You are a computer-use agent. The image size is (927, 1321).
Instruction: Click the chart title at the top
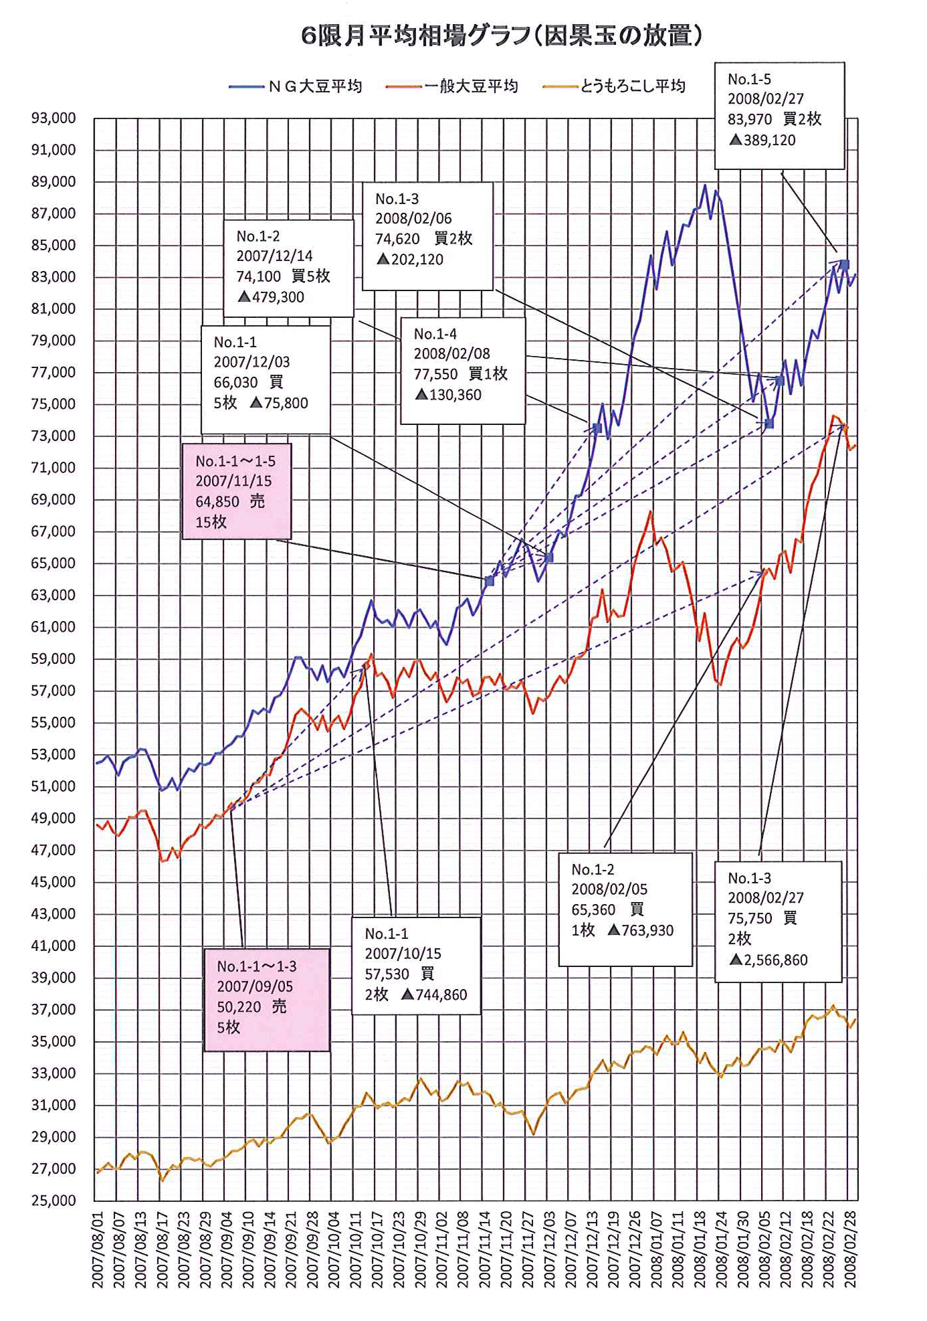(502, 35)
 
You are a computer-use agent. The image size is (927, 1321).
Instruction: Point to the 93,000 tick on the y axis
(54, 118)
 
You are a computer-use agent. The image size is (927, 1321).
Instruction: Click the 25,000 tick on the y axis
(54, 1200)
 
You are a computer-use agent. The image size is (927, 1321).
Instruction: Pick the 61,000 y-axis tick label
(54, 627)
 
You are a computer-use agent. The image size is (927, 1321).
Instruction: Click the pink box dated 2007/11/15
(237, 491)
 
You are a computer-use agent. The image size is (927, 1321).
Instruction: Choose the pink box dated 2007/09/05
(266, 999)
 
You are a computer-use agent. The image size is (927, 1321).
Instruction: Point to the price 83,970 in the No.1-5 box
(750, 119)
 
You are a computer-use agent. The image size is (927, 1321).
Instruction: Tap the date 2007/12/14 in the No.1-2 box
(274, 256)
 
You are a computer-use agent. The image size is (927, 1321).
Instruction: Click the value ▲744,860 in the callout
(434, 995)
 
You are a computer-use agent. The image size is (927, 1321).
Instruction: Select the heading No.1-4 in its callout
(435, 334)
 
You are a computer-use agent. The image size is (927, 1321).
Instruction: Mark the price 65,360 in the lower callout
(593, 910)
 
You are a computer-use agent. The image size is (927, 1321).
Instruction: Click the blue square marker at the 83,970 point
(845, 265)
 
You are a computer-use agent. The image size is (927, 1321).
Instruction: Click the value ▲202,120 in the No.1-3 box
(410, 260)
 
